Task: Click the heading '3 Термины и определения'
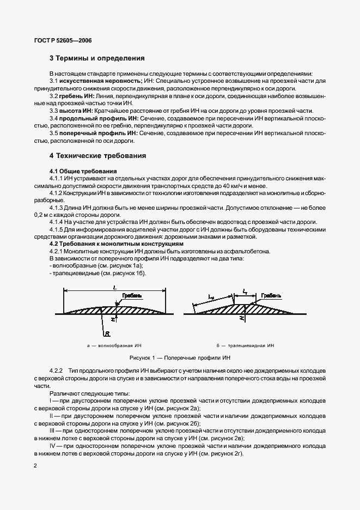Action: pos(97,58)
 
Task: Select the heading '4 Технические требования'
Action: pos(98,155)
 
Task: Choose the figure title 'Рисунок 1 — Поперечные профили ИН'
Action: pos(180,357)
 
